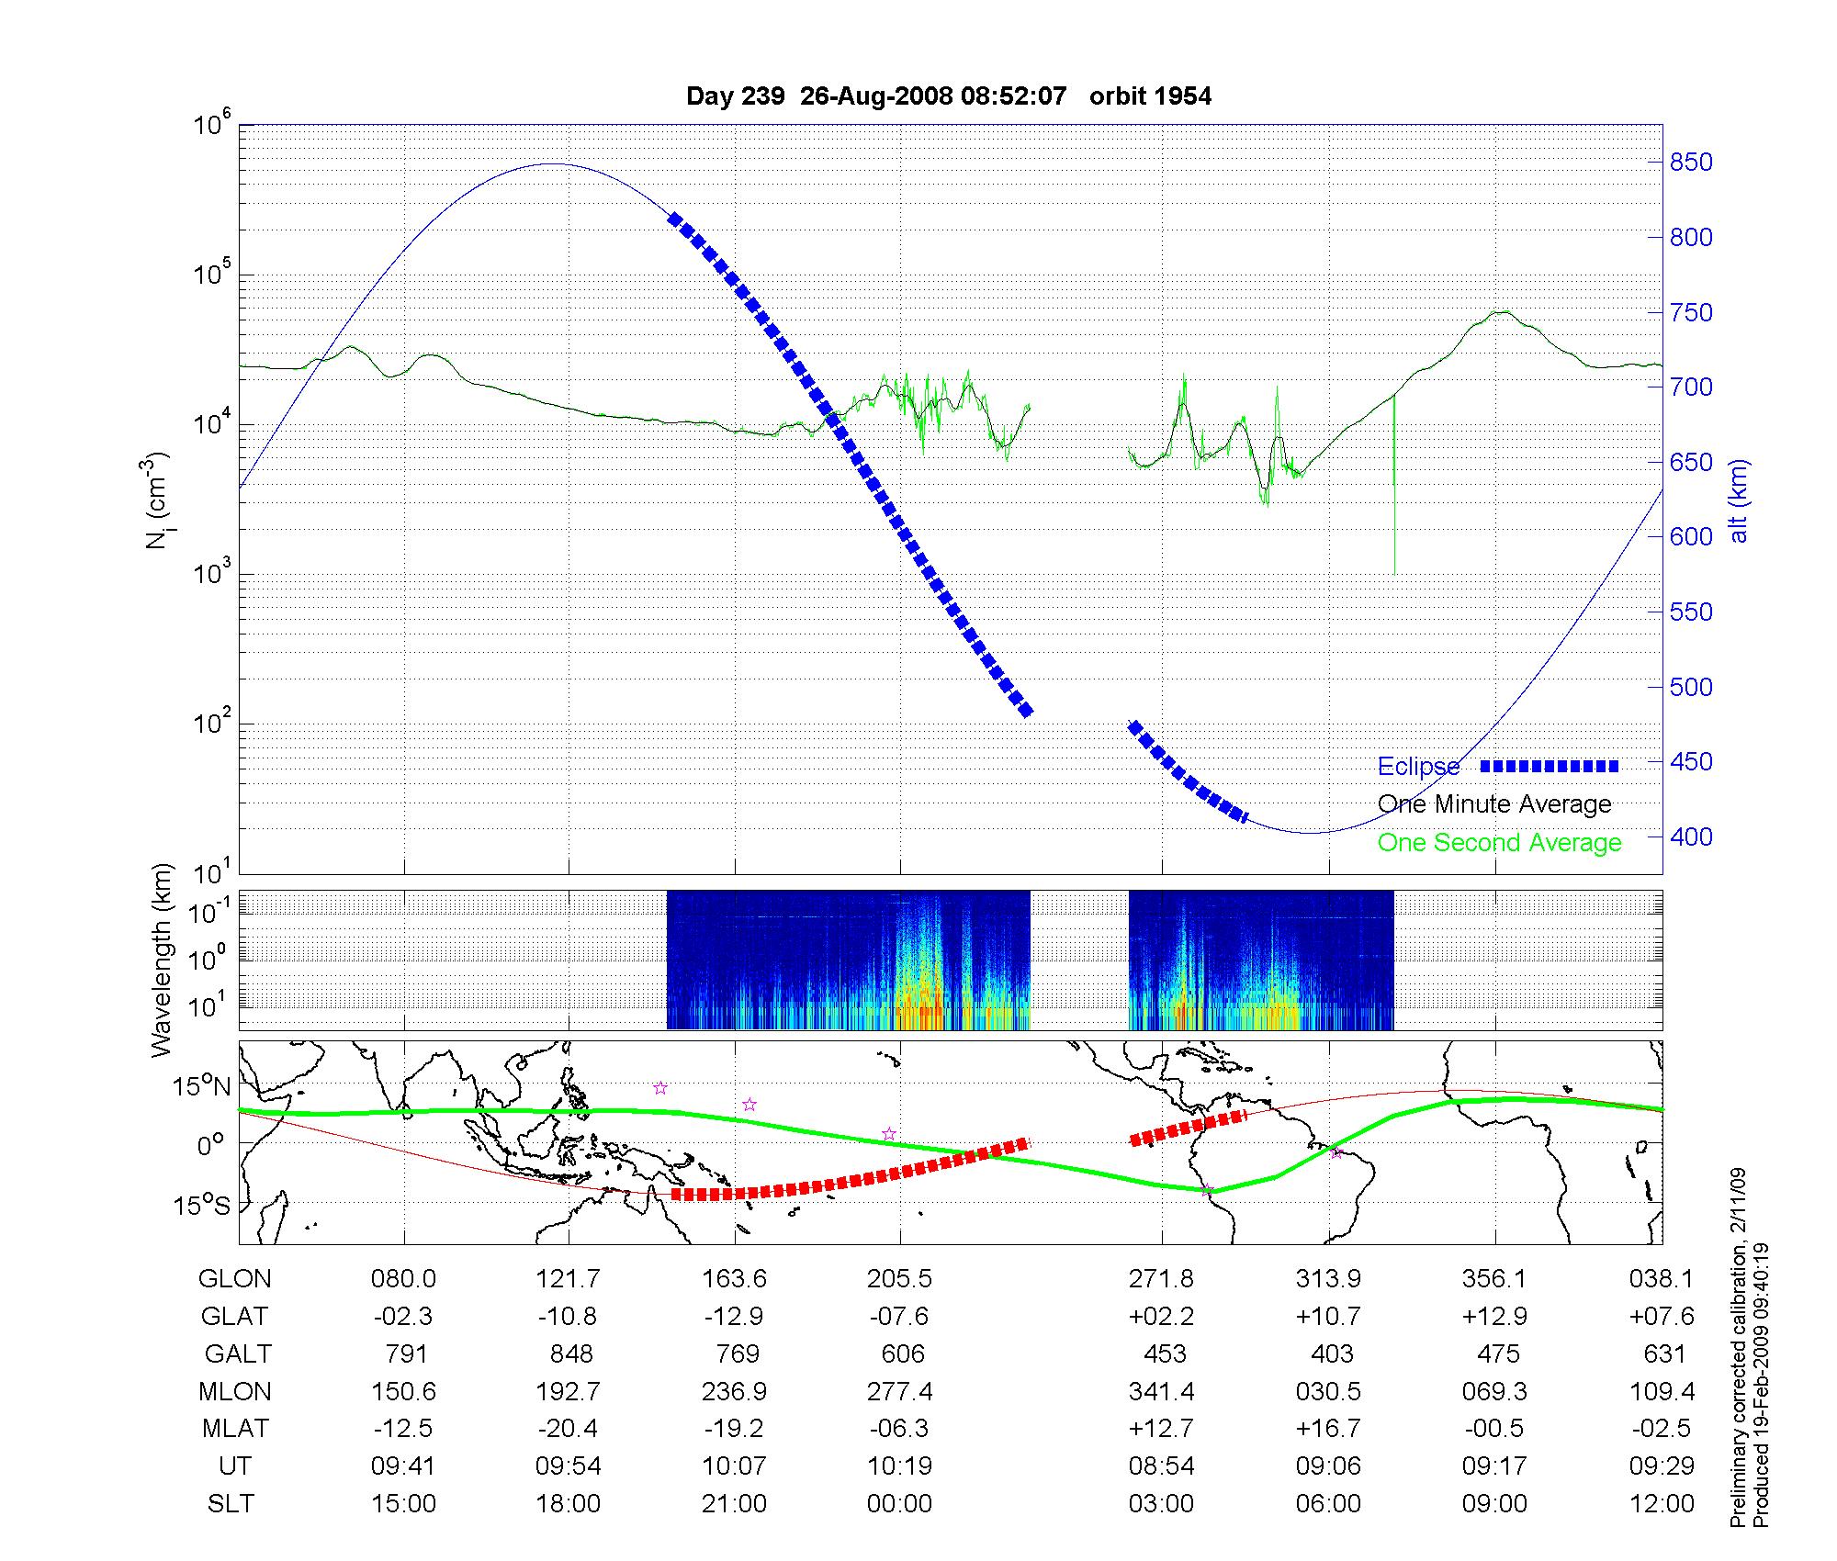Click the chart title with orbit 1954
pos(949,95)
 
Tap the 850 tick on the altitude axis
pos(1691,163)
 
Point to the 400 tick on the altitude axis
pos(1691,837)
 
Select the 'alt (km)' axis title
pos(1739,500)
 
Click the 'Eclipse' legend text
pos(1418,767)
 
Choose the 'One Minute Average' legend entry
pos(1494,804)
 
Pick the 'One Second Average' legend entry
pos(1499,843)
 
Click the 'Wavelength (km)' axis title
pos(162,960)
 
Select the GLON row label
pos(234,1278)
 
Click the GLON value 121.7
pos(569,1278)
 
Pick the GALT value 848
pos(570,1353)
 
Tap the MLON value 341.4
pos(1162,1391)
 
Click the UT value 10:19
pos(899,1466)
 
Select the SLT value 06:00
pos(1328,1504)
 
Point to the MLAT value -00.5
pos(1494,1429)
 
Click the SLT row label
pos(231,1504)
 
